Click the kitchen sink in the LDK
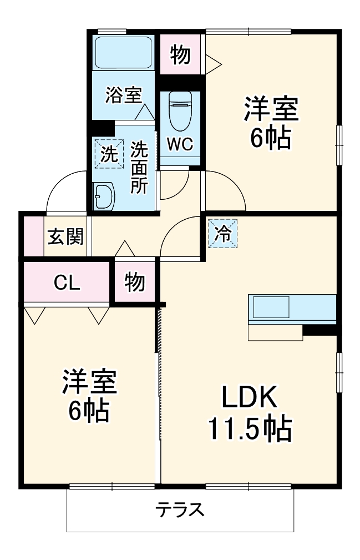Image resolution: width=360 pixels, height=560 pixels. (x=271, y=306)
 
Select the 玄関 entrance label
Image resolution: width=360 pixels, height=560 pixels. (x=65, y=237)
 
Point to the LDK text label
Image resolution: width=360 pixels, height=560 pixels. (x=250, y=398)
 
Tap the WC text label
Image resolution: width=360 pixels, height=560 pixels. (x=180, y=144)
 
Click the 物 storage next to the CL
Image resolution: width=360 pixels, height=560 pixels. (x=134, y=282)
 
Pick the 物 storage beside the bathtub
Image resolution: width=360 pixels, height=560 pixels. (x=180, y=55)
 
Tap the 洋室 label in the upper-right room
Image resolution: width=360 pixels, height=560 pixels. (x=271, y=110)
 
